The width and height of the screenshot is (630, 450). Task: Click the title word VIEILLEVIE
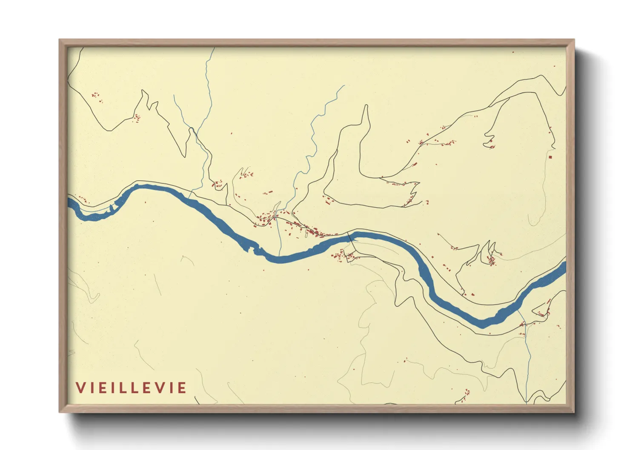click(131, 388)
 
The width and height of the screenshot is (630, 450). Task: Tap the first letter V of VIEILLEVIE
click(80, 388)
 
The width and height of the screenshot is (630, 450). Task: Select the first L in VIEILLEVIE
click(127, 388)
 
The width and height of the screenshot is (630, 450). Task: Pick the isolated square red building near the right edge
click(550, 157)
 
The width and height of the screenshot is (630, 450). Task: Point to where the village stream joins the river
click(280, 256)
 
